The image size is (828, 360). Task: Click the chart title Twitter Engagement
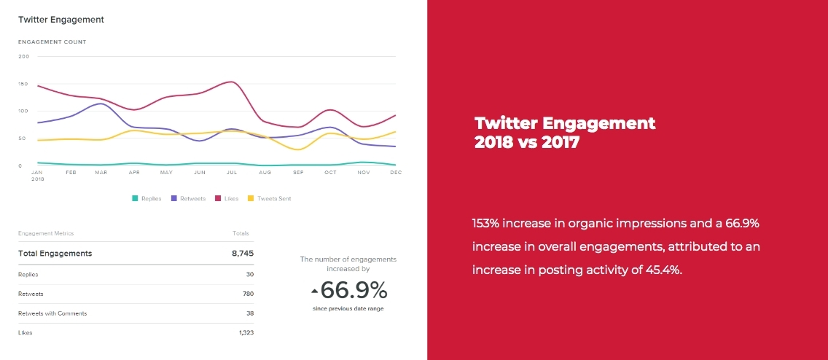[61, 20]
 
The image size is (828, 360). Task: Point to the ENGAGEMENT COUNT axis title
[52, 42]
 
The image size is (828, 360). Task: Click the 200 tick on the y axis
[24, 56]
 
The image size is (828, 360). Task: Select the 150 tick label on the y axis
[24, 83]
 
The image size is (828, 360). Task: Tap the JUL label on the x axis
[232, 173]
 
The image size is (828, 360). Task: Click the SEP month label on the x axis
[298, 173]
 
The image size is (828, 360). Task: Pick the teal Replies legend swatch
[135, 198]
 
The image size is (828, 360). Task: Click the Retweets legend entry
[188, 198]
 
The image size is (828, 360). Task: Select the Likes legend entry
[227, 198]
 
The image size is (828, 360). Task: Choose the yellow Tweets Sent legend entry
[269, 198]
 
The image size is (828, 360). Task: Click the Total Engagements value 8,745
[243, 254]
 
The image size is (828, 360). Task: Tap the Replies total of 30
[250, 275]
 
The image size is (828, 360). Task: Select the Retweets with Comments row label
[52, 313]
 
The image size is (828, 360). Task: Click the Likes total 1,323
[246, 332]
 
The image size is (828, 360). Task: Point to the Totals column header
[241, 233]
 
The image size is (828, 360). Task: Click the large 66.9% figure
[354, 290]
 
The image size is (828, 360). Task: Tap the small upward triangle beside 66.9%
[315, 291]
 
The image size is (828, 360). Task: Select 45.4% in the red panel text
[664, 270]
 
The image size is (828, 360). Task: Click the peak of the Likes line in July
[231, 82]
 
